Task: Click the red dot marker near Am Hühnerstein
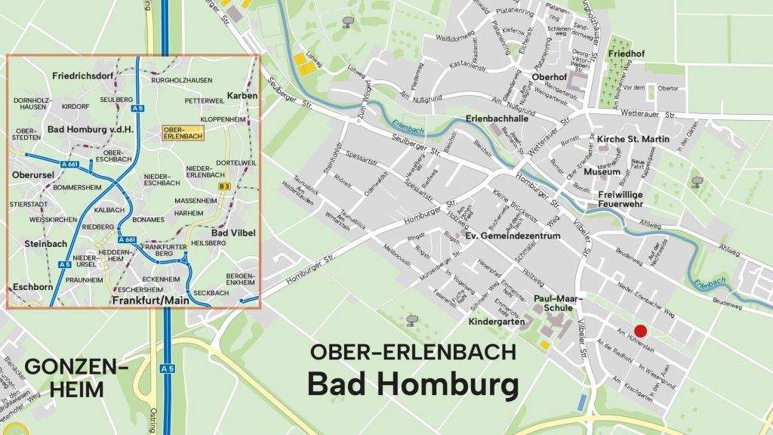point(640,331)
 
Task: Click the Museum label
point(602,171)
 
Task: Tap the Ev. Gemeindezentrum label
point(513,236)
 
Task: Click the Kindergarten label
point(497,322)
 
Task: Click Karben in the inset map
point(242,96)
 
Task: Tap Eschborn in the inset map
point(32,288)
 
